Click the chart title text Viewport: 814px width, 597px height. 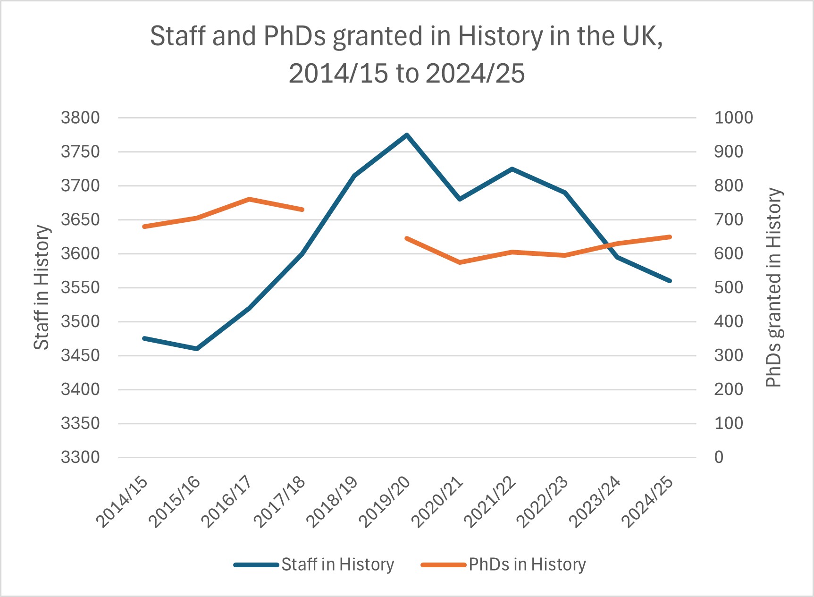point(407,54)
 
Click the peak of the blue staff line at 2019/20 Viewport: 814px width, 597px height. point(407,135)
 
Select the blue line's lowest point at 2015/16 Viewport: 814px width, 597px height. point(197,349)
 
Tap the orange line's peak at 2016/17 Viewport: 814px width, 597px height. point(249,199)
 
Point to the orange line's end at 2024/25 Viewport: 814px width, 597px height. point(670,236)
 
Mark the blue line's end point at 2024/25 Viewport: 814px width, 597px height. point(670,281)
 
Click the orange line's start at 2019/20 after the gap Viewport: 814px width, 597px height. point(407,238)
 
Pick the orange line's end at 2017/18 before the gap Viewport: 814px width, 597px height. point(302,210)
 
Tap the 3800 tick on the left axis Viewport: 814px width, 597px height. point(80,118)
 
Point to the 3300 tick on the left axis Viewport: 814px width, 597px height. point(80,457)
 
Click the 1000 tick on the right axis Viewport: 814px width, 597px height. point(733,118)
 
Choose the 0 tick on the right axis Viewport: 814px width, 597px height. point(719,457)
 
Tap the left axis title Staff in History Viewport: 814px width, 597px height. point(42,287)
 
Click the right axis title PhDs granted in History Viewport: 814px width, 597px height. point(773,287)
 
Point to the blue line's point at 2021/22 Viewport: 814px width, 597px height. point(512,169)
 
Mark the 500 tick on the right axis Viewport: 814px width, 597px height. point(729,287)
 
